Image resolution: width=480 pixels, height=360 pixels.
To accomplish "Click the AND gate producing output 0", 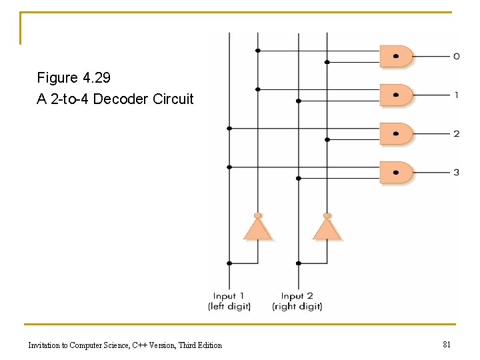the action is pos(396,56).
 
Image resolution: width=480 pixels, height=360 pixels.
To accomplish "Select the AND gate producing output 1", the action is pos(396,95).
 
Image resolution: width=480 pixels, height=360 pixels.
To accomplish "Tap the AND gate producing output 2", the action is pos(396,134).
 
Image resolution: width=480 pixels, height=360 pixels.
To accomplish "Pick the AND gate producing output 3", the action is pos(396,173).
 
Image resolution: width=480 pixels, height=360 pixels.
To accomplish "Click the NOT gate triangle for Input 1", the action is pos(257,229).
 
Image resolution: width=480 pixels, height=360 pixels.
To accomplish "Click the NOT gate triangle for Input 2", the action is pos(327,229).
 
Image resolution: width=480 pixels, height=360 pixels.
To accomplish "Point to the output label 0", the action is pos(457,56).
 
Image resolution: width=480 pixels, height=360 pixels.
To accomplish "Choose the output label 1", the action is pos(457,95).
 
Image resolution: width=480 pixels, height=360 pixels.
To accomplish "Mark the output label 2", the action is pos(457,134).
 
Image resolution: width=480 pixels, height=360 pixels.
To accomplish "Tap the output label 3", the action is pos(457,173).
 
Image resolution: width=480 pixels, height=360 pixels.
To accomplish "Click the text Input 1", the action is pos(229,296).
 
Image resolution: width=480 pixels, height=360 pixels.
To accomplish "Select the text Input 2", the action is pos(297,296).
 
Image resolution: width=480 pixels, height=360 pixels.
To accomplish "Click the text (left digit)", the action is pos(229,306).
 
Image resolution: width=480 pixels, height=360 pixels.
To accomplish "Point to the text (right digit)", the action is pos(297,306).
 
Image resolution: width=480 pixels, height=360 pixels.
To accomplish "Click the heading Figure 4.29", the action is pos(73,78).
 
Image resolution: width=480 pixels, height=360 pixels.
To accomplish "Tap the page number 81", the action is pos(447,345).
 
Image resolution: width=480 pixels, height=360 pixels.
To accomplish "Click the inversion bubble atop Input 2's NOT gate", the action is pos(327,215).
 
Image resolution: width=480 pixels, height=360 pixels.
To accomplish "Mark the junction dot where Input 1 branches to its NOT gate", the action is pos(229,263).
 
